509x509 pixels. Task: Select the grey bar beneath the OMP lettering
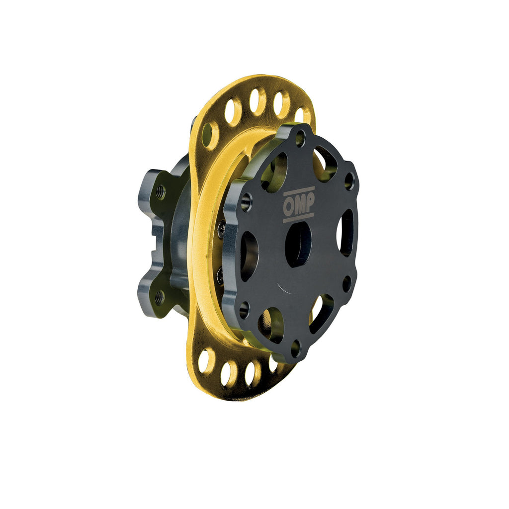tap(298, 218)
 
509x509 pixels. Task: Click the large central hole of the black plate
tap(298, 244)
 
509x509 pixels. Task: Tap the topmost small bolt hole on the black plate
tap(300, 138)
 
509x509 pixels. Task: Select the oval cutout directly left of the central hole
tap(250, 256)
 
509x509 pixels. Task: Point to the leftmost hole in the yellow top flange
tap(210, 135)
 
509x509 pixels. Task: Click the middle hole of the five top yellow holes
tap(257, 101)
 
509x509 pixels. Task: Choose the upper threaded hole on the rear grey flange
tap(160, 192)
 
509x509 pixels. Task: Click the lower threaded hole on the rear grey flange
tap(159, 298)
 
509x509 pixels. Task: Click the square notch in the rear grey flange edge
tap(158, 245)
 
